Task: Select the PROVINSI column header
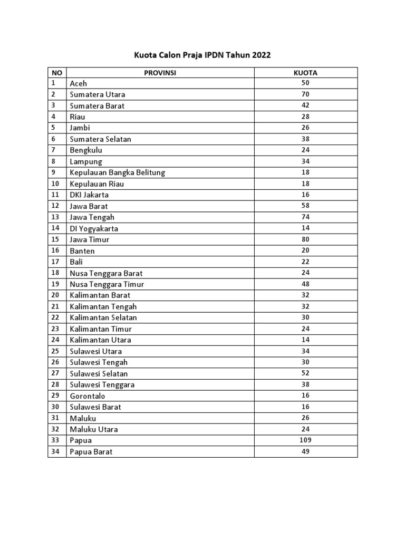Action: [x=160, y=73]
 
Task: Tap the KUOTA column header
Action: [x=305, y=73]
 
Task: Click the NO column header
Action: [x=56, y=73]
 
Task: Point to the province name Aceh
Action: [x=79, y=83]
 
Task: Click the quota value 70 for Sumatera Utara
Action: [x=305, y=94]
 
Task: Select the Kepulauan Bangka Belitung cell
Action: [x=118, y=172]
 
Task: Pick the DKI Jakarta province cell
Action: [x=89, y=195]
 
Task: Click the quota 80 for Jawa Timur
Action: [x=305, y=239]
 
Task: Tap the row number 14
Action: [x=55, y=228]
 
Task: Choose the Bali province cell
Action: [x=76, y=262]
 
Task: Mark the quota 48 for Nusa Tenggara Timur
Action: [x=305, y=284]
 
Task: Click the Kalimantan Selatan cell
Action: [x=103, y=317]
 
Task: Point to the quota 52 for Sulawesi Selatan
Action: [x=305, y=373]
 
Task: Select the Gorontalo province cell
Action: [x=88, y=396]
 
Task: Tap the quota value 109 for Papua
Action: [x=305, y=440]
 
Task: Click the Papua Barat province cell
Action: [x=91, y=451]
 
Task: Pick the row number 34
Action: [x=55, y=451]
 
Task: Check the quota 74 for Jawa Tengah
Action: [x=305, y=217]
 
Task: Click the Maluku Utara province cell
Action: [x=94, y=429]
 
